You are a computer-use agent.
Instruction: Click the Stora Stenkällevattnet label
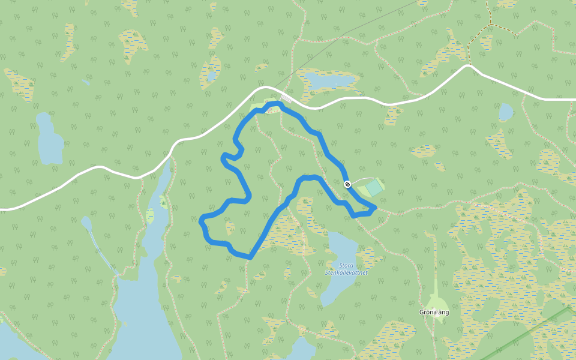point(346,268)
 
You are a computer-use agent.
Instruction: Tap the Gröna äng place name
point(434,312)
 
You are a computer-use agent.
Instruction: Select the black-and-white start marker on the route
point(347,184)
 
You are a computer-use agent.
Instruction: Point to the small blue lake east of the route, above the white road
point(506,112)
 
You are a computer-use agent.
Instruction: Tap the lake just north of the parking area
point(329,81)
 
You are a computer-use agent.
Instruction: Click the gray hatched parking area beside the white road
point(286,97)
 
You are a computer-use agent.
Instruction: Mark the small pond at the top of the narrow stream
point(86,224)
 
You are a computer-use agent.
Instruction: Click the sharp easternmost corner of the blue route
point(375,208)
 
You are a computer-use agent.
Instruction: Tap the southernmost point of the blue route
point(248,257)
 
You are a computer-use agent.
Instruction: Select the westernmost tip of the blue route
point(201,221)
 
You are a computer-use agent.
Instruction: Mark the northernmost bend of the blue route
point(275,104)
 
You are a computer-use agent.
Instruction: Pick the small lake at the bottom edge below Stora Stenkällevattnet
point(301,348)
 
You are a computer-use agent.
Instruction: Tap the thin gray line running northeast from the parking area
point(348,36)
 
